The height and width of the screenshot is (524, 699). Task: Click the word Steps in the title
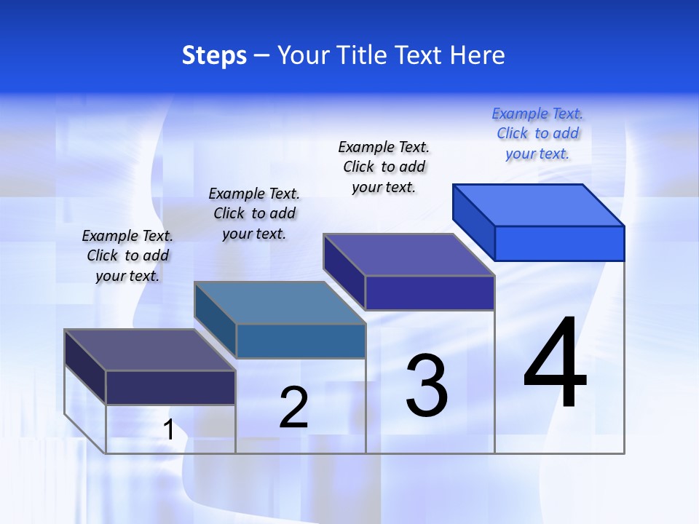[x=214, y=55]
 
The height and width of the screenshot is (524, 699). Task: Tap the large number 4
[x=555, y=363]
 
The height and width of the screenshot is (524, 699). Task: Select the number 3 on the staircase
[x=427, y=386]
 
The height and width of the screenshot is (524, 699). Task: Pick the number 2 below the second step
[x=294, y=408]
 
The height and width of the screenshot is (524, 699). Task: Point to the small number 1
[x=169, y=430]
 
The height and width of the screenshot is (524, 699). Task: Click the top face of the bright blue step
[x=539, y=205]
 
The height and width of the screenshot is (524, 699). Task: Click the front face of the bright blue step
[x=559, y=243]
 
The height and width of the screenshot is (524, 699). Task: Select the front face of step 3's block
[x=430, y=293]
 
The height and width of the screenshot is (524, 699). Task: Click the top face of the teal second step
[x=280, y=303]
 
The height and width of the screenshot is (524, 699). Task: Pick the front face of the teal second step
[x=300, y=341]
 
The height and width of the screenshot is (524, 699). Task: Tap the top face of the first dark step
[x=150, y=350]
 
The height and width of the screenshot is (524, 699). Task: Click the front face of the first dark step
[x=170, y=387]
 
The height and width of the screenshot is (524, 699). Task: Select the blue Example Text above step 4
[x=537, y=133]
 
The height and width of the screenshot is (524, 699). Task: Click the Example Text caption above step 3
[x=384, y=167]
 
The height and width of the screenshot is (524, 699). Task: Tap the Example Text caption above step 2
[x=254, y=213]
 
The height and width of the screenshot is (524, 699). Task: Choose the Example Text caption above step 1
[x=127, y=255]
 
